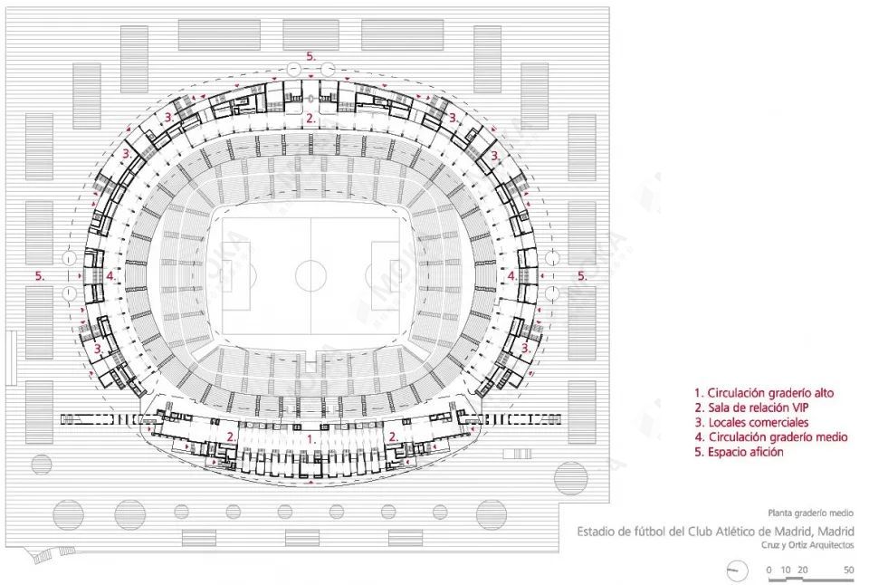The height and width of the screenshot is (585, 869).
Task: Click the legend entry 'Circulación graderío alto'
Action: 764,393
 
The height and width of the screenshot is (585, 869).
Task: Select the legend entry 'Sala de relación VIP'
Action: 751,408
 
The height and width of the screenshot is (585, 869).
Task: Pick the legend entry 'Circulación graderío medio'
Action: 771,437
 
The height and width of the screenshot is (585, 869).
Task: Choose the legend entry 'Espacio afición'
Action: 740,452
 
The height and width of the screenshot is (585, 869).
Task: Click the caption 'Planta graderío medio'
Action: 811,513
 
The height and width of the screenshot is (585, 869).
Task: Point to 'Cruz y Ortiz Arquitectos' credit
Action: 807,545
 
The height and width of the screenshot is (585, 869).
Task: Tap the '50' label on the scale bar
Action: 848,570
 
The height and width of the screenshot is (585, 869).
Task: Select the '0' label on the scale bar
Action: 769,570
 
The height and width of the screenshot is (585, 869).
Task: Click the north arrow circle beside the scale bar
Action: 737,571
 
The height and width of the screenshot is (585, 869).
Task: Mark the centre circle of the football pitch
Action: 310,275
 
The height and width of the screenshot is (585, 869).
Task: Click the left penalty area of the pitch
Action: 236,275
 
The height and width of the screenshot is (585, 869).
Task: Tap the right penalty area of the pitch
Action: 386,275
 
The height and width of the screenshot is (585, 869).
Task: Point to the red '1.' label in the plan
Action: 311,439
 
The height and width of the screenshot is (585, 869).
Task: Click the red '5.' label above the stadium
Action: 310,56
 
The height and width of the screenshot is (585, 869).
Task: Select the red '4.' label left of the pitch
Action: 111,275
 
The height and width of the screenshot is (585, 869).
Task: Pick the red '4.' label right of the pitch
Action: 512,275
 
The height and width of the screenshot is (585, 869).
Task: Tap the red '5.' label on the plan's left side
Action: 40,275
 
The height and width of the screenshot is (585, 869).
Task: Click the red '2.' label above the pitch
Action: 310,118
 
